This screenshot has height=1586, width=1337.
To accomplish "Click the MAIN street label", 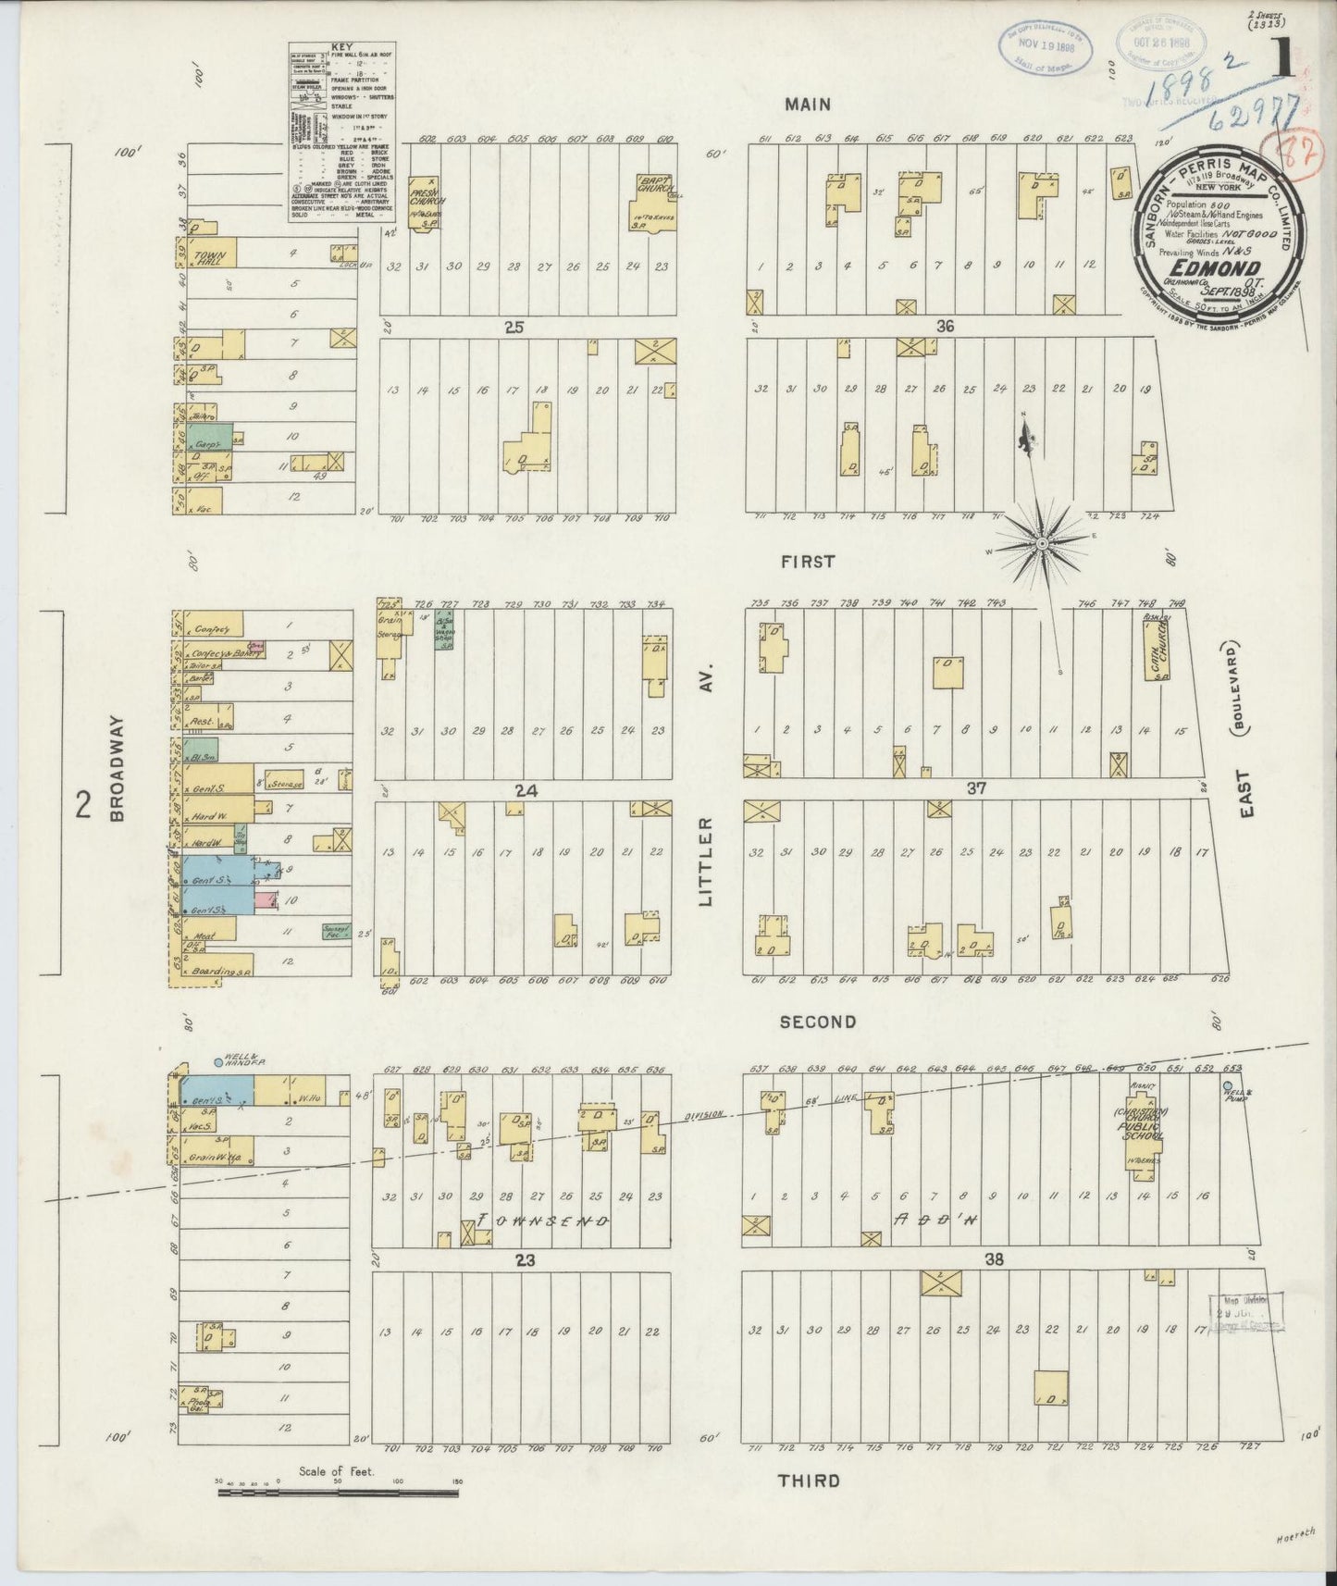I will [x=808, y=105].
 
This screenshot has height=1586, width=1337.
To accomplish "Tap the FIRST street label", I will [x=807, y=562].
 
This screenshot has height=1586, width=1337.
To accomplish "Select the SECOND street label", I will [x=817, y=1022].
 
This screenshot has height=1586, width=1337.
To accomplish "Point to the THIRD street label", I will [x=809, y=1481].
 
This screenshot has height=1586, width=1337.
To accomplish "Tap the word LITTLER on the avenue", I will [x=707, y=861].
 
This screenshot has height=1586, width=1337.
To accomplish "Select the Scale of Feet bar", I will [x=337, y=1492].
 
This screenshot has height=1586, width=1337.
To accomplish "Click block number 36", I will [x=944, y=326].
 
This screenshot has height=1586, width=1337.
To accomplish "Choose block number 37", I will [x=977, y=788].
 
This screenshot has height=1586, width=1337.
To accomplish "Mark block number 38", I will [x=994, y=1259].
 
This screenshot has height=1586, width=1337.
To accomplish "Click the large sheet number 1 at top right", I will [x=1282, y=62].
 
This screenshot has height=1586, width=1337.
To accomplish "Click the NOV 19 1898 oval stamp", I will [x=1045, y=43].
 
